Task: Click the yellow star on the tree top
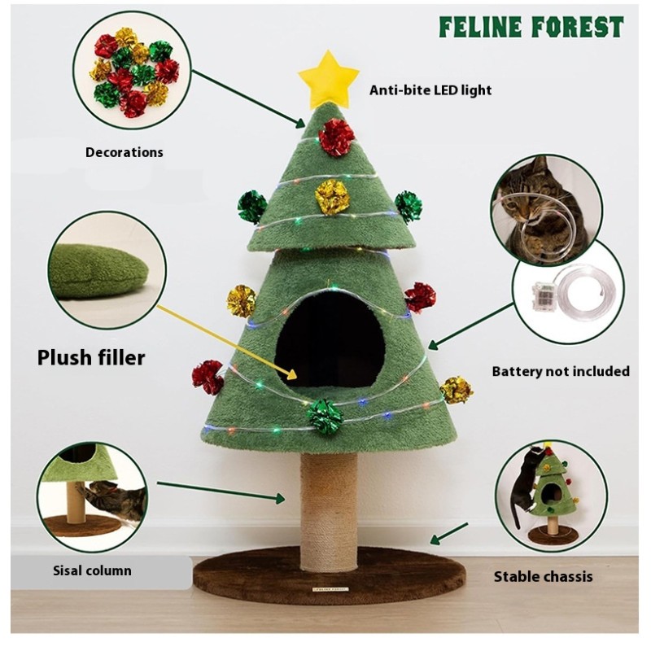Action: pyautogui.click(x=328, y=77)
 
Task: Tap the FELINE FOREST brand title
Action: pyautogui.click(x=531, y=27)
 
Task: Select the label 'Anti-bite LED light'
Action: pyautogui.click(x=430, y=90)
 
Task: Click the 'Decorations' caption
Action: pyautogui.click(x=124, y=152)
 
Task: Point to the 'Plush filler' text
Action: pyautogui.click(x=91, y=357)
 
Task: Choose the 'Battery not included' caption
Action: pyautogui.click(x=561, y=371)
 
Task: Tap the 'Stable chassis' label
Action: pyautogui.click(x=543, y=577)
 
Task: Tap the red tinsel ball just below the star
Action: pyautogui.click(x=336, y=137)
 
